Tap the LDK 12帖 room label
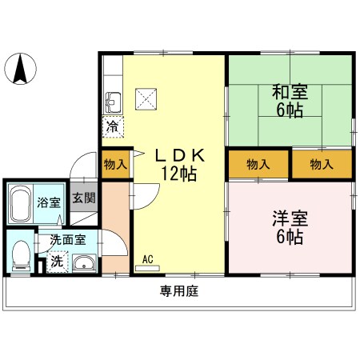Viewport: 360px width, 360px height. (179, 165)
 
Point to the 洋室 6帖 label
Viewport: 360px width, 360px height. (289, 227)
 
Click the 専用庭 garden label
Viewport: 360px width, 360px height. (178, 292)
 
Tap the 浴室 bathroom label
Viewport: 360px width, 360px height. (48, 202)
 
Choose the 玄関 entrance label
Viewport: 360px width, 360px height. (83, 198)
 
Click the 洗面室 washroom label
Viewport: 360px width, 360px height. (66, 238)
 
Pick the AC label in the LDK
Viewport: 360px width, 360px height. (148, 258)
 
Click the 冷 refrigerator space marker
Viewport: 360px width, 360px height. (114, 126)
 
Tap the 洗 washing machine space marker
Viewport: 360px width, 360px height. (57, 261)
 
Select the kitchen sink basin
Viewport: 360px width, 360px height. (113, 102)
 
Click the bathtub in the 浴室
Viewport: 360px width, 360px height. (21, 203)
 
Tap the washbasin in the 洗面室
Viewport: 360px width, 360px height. (82, 262)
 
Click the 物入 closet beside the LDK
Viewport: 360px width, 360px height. (115, 165)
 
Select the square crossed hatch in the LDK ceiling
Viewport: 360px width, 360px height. (147, 98)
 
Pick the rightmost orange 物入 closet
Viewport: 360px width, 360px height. (321, 165)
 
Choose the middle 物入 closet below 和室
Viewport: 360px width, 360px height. (258, 165)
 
